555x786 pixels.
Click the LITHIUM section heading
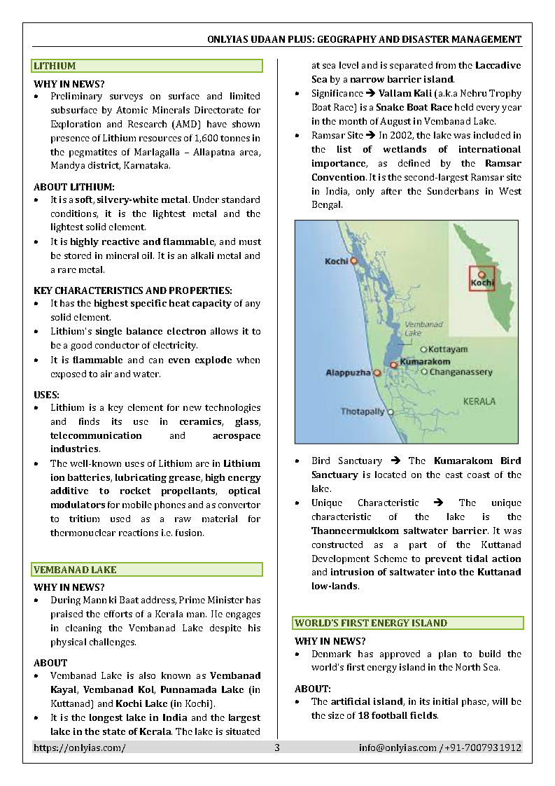click(55, 66)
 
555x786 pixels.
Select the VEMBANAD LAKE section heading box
click(147, 570)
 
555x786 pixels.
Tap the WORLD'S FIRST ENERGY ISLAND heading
click(371, 623)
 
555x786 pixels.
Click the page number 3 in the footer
click(277, 748)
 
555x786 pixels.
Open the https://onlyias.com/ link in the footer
click(80, 748)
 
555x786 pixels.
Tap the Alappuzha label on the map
click(348, 373)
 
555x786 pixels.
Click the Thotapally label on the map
click(363, 412)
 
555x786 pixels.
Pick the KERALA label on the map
click(479, 401)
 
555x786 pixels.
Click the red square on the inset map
click(482, 278)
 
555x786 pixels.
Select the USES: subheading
click(47, 395)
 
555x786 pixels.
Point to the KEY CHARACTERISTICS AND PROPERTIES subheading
click(133, 290)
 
